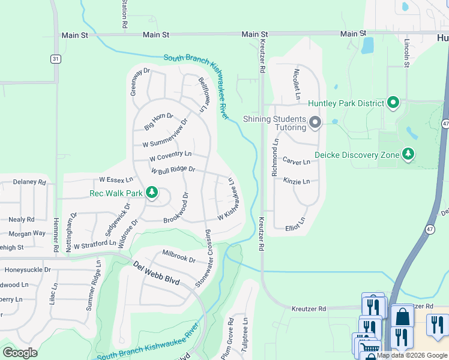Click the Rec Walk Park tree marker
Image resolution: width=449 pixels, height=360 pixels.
tap(152, 193)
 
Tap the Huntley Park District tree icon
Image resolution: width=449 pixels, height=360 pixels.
tap(394, 103)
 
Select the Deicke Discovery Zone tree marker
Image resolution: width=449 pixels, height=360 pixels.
tap(408, 155)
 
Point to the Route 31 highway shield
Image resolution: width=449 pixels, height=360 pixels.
tap(55, 58)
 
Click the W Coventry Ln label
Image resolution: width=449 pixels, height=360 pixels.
tap(170, 156)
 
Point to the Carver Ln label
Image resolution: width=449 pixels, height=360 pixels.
tap(297, 162)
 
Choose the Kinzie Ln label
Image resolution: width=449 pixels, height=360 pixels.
tap(298, 181)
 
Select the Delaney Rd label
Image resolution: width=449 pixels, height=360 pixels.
tap(29, 182)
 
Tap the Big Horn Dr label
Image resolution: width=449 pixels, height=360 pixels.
tap(158, 121)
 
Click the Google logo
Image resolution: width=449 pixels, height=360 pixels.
tap(20, 353)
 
